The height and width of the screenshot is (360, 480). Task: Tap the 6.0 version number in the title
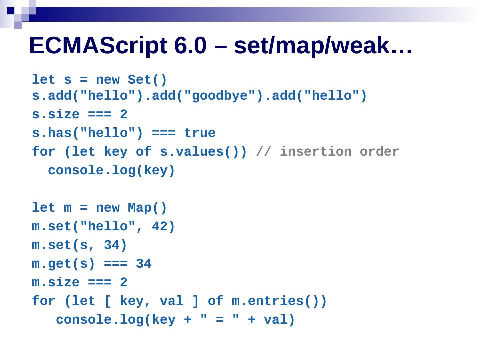click(x=190, y=45)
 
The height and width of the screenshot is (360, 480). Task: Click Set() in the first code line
click(x=147, y=80)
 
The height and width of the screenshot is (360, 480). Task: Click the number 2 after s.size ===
click(x=124, y=115)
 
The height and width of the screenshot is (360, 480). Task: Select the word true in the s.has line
click(x=200, y=133)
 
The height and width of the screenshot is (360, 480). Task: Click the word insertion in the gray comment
click(x=315, y=152)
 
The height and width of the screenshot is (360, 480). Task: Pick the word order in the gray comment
click(x=379, y=152)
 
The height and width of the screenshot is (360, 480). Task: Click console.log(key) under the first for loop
click(x=111, y=171)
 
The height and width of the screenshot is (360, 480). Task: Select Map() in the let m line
click(x=147, y=208)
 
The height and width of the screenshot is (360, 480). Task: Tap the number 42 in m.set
click(x=160, y=227)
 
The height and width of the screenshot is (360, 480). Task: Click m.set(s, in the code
click(x=63, y=245)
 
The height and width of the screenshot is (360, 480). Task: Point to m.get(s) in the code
click(x=63, y=264)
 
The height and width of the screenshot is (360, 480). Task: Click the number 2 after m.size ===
click(x=124, y=283)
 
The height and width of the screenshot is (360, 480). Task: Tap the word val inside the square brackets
click(x=172, y=301)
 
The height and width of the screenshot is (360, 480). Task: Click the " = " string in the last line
click(x=220, y=320)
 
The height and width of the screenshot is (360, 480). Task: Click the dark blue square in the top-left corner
click(x=11, y=10)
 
